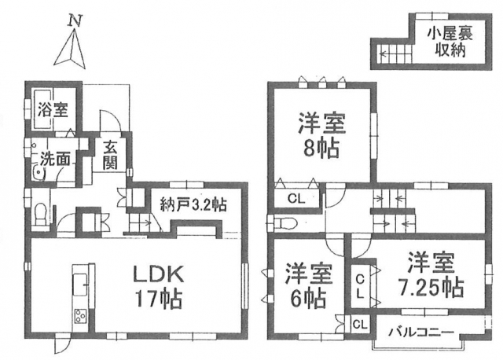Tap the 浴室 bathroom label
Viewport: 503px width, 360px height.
coord(53,110)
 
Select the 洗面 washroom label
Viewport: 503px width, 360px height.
coord(55,159)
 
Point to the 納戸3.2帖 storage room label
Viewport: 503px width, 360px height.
coord(193,204)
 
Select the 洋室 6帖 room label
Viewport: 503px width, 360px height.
coord(309,285)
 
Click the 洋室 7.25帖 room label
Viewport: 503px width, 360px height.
coord(431,275)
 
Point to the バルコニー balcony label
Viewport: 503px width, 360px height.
coord(421,332)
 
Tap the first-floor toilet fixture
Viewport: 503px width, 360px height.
coord(40,214)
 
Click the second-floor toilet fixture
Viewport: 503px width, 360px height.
coord(283,223)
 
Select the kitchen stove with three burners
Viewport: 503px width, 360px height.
coord(80,315)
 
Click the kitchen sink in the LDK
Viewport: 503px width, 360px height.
coord(80,285)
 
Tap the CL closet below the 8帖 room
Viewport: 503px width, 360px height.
coord(296,199)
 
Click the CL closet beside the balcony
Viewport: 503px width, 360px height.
coord(360,325)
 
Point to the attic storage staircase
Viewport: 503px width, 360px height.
coord(395,54)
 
